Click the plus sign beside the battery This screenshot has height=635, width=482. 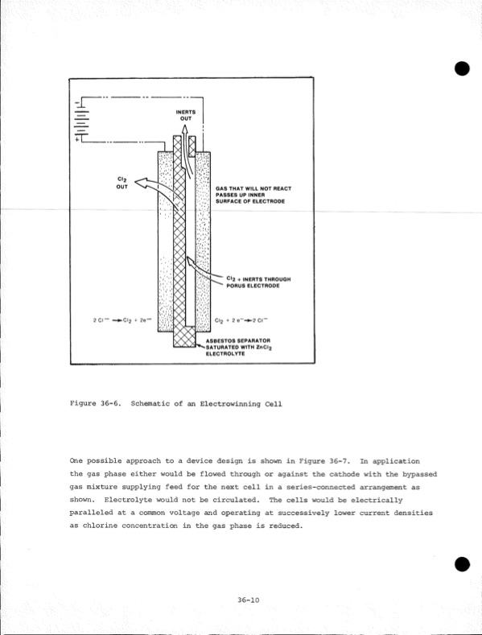click(78, 139)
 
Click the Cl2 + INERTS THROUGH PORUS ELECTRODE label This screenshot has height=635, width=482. click(255, 282)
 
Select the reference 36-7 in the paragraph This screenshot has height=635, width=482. click(336, 461)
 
